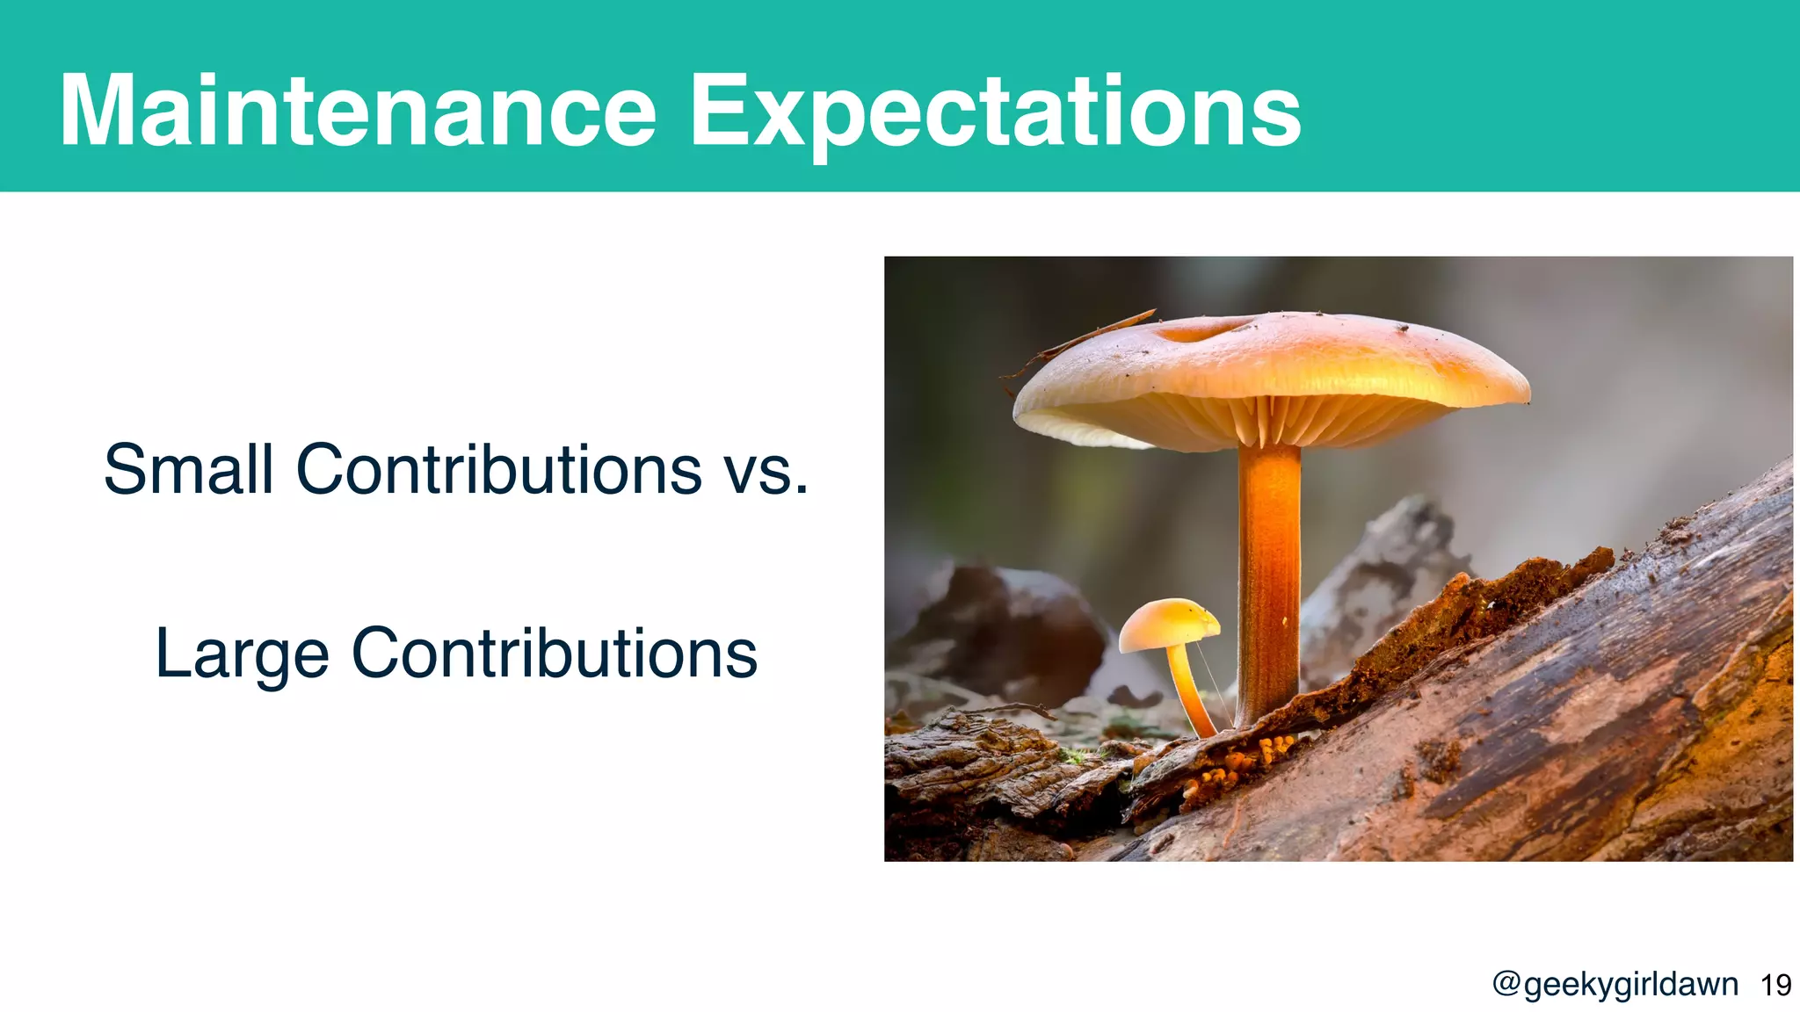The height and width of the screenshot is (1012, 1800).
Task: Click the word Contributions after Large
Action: click(x=554, y=654)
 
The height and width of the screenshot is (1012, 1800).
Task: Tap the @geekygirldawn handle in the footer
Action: click(x=1615, y=984)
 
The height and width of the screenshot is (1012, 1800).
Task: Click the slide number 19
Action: click(x=1776, y=985)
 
